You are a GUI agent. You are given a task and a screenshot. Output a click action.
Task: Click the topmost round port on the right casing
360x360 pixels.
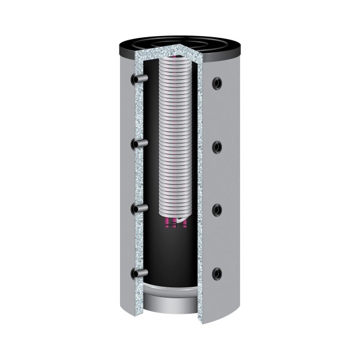coord(217,82)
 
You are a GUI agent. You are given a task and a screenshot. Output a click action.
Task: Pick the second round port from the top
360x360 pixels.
coord(217,146)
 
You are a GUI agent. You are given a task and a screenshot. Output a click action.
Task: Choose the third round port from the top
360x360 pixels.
coord(217,209)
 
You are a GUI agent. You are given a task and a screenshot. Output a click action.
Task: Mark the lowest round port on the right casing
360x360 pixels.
coord(217,274)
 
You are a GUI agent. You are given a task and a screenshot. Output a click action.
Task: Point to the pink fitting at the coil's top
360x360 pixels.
coord(175,58)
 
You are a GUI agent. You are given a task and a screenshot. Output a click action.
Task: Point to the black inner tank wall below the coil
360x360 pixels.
coord(174,258)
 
